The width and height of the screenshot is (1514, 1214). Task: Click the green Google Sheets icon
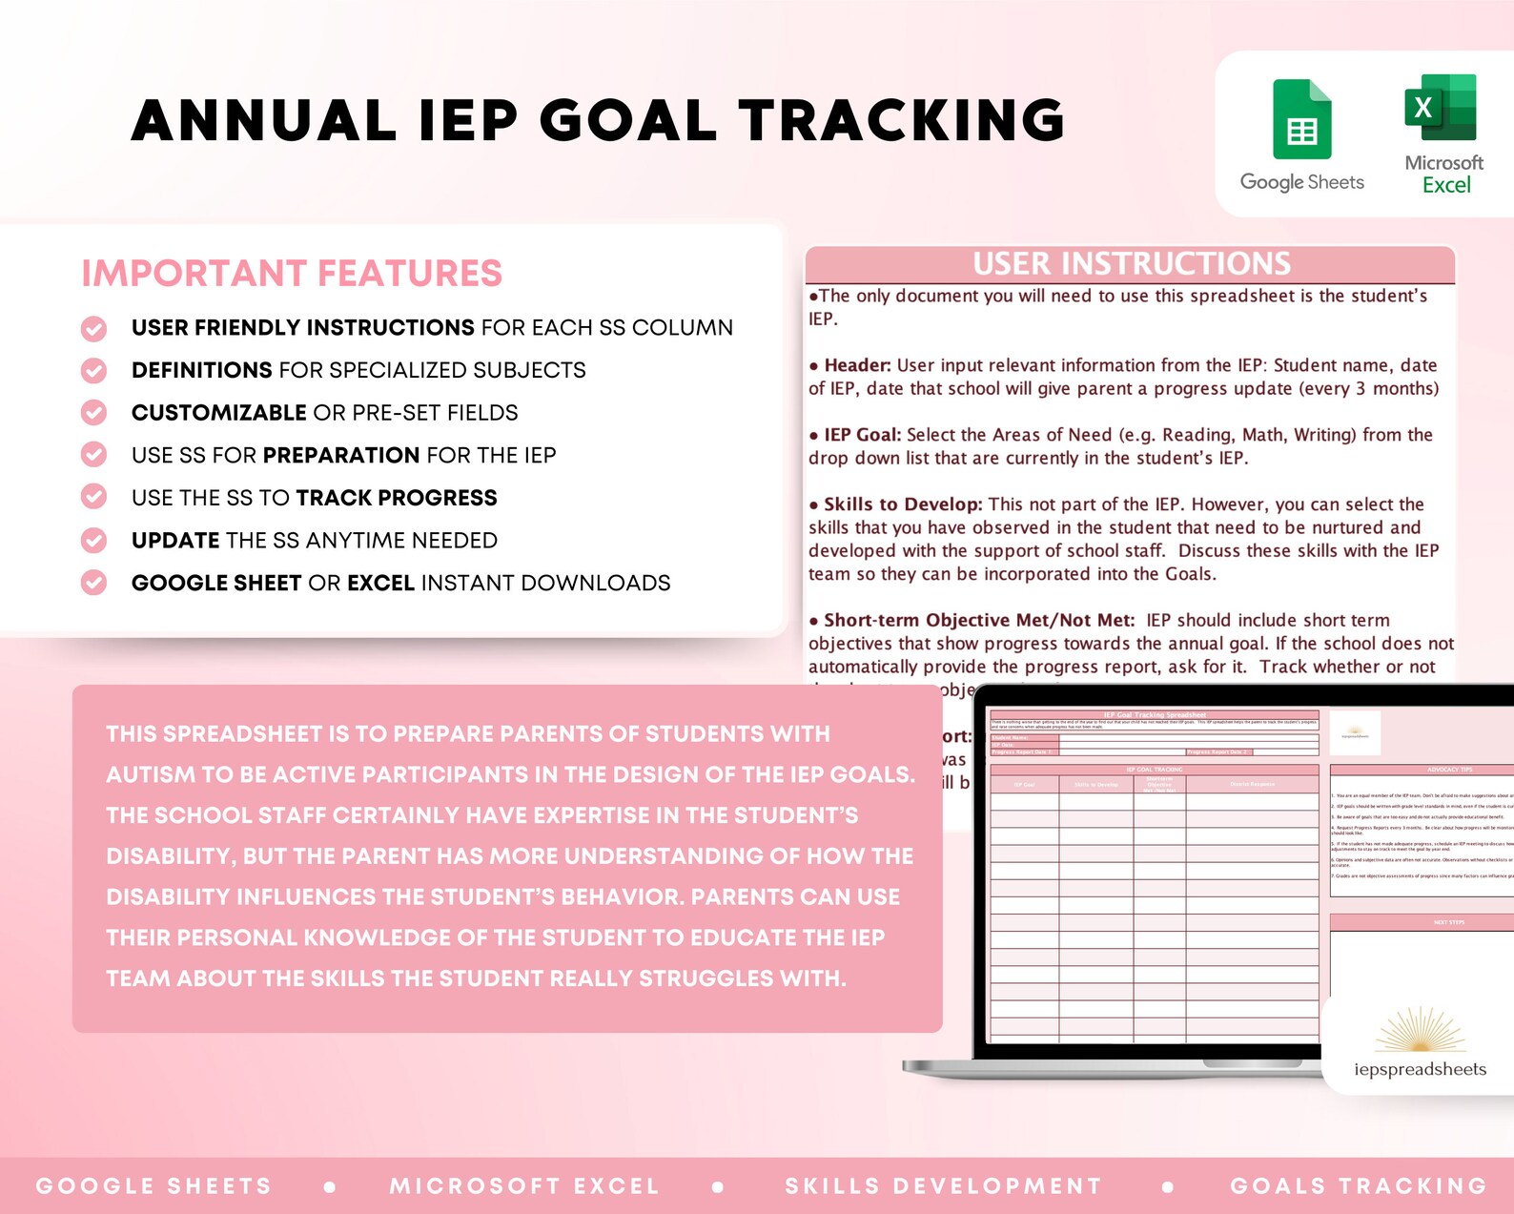pos(1301,121)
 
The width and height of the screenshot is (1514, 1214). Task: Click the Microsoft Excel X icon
pos(1440,108)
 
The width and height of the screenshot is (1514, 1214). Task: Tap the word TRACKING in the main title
pos(901,121)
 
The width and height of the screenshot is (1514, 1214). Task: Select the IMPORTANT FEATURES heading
pos(292,274)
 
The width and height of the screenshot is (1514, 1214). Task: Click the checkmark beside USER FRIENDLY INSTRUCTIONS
pos(93,328)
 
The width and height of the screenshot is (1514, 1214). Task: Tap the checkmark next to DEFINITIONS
pos(93,370)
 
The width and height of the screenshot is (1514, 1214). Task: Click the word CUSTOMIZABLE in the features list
pos(218,413)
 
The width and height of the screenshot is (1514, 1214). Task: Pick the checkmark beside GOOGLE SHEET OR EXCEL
pos(93,583)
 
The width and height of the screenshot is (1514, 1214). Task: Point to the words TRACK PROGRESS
pos(397,498)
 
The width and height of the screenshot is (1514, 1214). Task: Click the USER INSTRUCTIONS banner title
pos(1131,263)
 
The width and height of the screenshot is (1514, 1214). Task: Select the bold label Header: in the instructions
pos(857,365)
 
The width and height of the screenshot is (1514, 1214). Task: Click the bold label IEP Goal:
pos(862,435)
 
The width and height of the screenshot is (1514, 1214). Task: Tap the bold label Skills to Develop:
pos(902,504)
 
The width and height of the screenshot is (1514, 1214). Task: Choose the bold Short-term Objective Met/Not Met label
pos(978,621)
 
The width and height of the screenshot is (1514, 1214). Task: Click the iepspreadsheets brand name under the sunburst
pos(1420,1069)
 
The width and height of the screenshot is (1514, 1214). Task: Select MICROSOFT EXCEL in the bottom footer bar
pos(524,1185)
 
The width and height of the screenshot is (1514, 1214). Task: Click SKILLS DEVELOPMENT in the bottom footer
pos(943,1185)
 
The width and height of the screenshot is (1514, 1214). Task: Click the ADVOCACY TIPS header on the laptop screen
pos(1449,770)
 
